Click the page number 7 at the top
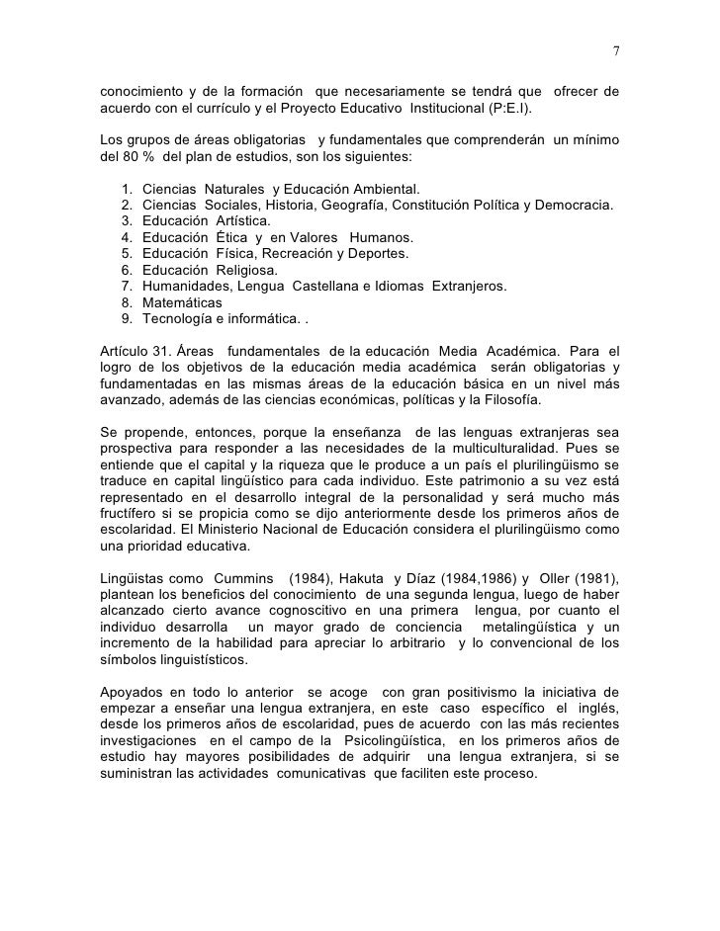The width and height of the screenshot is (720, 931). (615, 52)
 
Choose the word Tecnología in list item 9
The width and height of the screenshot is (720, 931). (177, 318)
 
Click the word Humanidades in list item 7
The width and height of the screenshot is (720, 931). (186, 286)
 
